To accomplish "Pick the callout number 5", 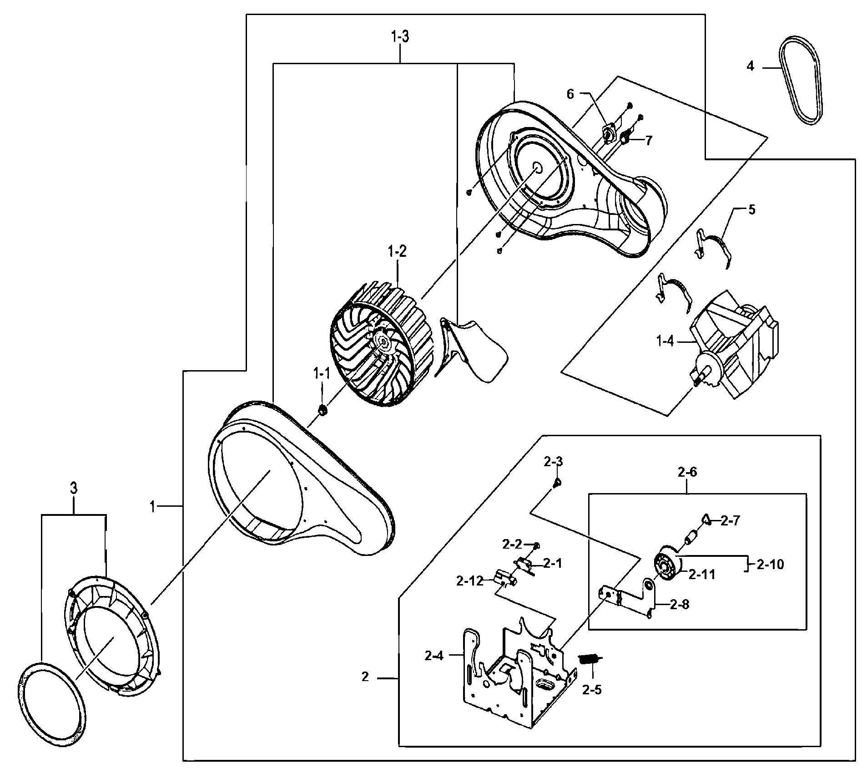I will click(x=751, y=210).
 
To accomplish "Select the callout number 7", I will click(x=648, y=140).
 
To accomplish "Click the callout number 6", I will click(x=570, y=94).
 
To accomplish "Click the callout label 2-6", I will click(x=687, y=472).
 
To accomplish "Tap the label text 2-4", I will click(x=434, y=656).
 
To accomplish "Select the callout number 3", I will click(x=73, y=489).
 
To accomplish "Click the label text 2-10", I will click(x=771, y=565).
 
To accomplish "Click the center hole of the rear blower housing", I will click(x=537, y=167).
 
